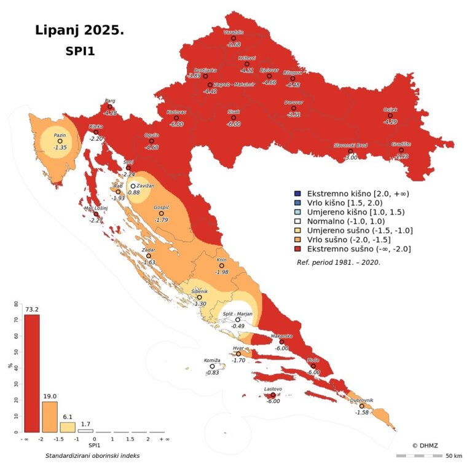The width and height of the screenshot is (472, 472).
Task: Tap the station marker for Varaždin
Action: point(234,37)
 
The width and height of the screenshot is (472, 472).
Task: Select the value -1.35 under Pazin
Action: point(60,147)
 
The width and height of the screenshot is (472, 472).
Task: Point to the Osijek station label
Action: point(390,109)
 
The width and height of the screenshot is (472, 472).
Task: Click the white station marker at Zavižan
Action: point(133,186)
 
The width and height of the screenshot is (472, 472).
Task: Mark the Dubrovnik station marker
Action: point(361,406)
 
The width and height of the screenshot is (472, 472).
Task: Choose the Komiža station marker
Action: point(213,366)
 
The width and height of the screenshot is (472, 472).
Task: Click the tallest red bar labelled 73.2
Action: point(31,373)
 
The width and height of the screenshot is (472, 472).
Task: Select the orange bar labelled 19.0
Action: point(50,417)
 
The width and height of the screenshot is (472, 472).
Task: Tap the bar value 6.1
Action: point(68,417)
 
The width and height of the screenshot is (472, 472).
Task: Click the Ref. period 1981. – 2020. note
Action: point(338,261)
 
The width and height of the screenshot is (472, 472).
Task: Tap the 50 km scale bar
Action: point(419,455)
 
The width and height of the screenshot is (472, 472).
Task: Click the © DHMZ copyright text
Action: point(425,445)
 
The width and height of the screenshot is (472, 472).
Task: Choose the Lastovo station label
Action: point(273,389)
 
